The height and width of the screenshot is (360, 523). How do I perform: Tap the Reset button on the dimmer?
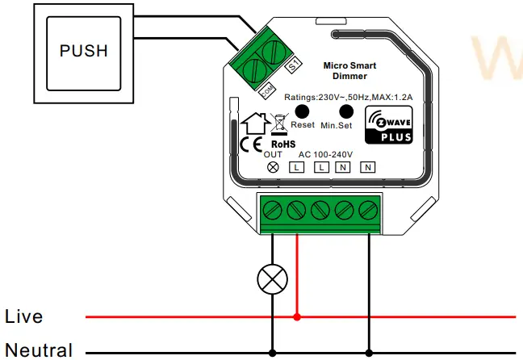click(303, 112)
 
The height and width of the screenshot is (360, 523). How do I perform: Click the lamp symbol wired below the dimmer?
click(272, 279)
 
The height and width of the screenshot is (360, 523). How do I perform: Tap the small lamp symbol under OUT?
click(273, 166)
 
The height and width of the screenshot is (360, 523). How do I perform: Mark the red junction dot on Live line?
click(298, 316)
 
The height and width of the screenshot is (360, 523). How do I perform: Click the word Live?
click(23, 316)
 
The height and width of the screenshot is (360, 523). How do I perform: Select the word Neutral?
click(38, 350)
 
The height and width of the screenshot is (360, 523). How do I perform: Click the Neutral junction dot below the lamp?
click(272, 352)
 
